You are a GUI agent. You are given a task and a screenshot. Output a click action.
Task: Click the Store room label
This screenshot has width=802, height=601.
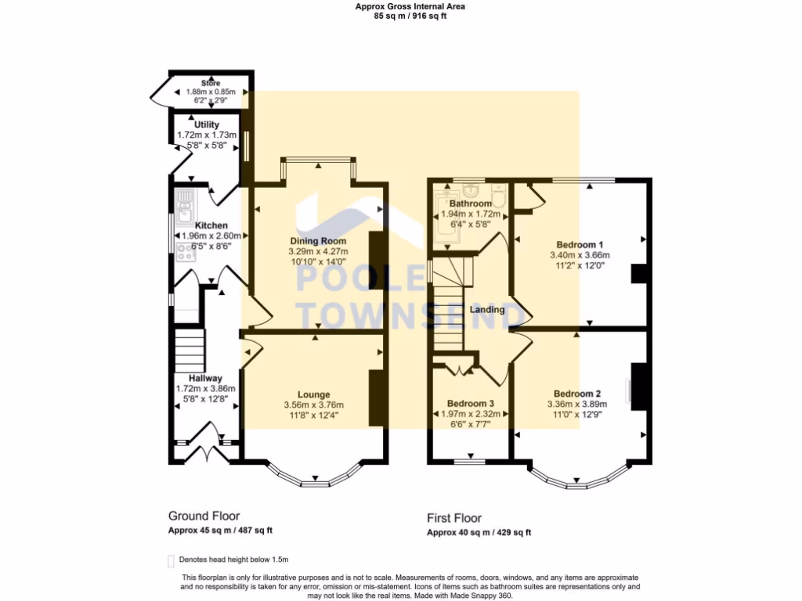[210, 83]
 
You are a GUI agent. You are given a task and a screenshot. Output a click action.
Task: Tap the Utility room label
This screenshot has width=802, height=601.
[207, 124]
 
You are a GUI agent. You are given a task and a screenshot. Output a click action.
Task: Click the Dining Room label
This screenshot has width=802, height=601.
[318, 240]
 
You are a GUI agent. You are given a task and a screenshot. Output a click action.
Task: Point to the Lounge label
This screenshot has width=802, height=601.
[313, 394]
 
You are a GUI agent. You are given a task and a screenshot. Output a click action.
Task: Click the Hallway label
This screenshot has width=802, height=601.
[205, 378]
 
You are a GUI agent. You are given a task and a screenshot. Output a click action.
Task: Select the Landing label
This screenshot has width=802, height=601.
[486, 310]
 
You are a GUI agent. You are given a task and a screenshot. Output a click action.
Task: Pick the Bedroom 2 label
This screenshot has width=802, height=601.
[576, 394]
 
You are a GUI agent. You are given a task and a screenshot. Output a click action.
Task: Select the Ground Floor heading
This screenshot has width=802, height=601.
[204, 516]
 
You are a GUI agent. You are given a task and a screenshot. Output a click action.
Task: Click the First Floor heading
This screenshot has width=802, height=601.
[454, 517]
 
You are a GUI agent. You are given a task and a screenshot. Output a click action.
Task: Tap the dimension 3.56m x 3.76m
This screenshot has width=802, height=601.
[313, 405]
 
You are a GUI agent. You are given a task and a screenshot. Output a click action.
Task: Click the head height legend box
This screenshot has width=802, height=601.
[171, 560]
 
